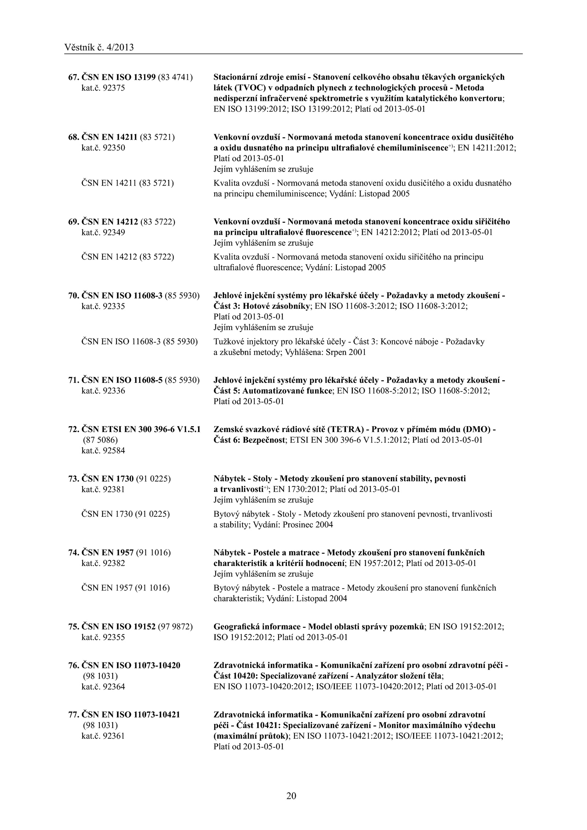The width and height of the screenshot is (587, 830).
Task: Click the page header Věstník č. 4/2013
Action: coord(99,48)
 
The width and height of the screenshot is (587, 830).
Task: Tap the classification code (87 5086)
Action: coord(99,440)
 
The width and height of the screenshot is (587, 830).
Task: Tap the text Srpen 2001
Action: coord(346,352)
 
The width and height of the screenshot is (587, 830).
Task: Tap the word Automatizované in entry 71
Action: coord(273,391)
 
